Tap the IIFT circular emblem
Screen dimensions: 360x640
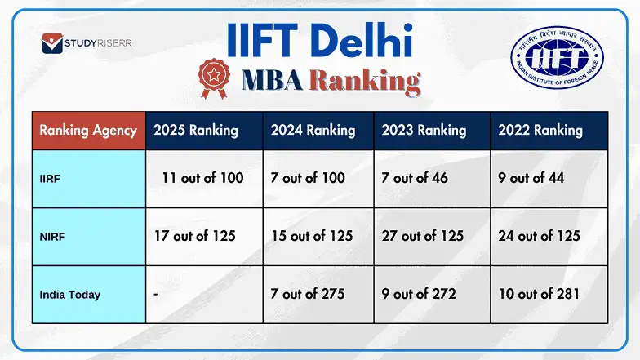pos(558,62)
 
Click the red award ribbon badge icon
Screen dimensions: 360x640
pos(215,78)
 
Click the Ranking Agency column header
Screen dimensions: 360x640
pos(88,130)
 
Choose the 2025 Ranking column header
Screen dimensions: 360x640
pos(196,130)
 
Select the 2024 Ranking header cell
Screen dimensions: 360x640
pos(313,130)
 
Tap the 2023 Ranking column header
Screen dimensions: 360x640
pos(424,130)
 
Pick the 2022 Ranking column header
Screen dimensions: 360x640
pos(540,130)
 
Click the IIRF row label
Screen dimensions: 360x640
pos(51,178)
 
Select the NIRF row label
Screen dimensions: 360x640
pos(53,236)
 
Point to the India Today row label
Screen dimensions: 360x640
pos(70,294)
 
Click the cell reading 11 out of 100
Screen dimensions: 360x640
pos(202,177)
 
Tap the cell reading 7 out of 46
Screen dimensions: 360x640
pos(415,177)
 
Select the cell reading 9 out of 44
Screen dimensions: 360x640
pos(531,177)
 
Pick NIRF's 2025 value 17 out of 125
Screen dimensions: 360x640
pos(195,236)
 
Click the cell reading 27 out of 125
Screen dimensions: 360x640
pos(423,236)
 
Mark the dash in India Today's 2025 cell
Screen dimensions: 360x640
pos(156,294)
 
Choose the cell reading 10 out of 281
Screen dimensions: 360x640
pos(539,294)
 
